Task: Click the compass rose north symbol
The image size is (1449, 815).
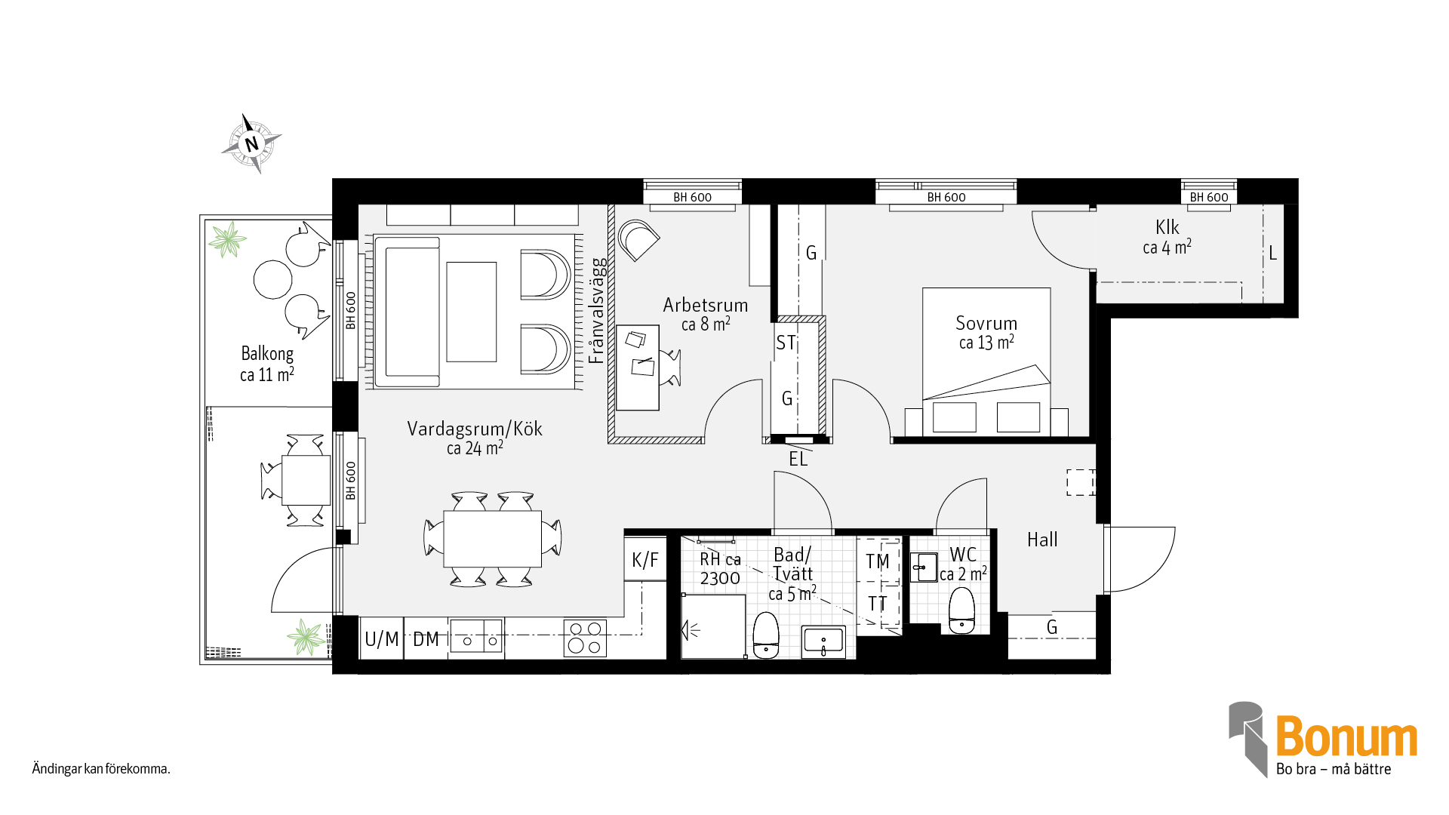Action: [x=252, y=143]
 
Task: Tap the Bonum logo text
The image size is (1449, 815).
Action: [x=1346, y=737]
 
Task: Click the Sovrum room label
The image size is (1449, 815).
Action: [x=986, y=324]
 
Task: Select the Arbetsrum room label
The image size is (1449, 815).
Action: [x=706, y=306]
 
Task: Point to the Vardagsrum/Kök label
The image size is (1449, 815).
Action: [x=475, y=429]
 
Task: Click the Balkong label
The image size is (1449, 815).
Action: [x=267, y=354]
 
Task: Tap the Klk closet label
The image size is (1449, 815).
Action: [x=1167, y=227]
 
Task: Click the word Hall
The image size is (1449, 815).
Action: [x=1042, y=540]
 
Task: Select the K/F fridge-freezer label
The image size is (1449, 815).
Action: [x=645, y=560]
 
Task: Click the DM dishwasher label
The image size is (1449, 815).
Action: [x=426, y=639]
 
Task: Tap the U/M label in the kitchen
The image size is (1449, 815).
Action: [x=381, y=639]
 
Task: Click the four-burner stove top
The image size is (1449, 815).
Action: [x=585, y=638]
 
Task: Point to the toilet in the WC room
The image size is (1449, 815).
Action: [x=961, y=610]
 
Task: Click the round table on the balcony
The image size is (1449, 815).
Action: [x=272, y=279]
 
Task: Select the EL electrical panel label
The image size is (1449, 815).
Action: [x=798, y=460]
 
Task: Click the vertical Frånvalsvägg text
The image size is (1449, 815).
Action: [x=597, y=311]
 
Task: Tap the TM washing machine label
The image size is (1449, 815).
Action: [x=878, y=561]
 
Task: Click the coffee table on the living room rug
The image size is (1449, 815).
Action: [x=472, y=312]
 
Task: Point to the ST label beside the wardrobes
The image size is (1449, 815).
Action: [x=786, y=343]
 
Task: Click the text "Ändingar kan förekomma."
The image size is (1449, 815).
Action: [x=101, y=769]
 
